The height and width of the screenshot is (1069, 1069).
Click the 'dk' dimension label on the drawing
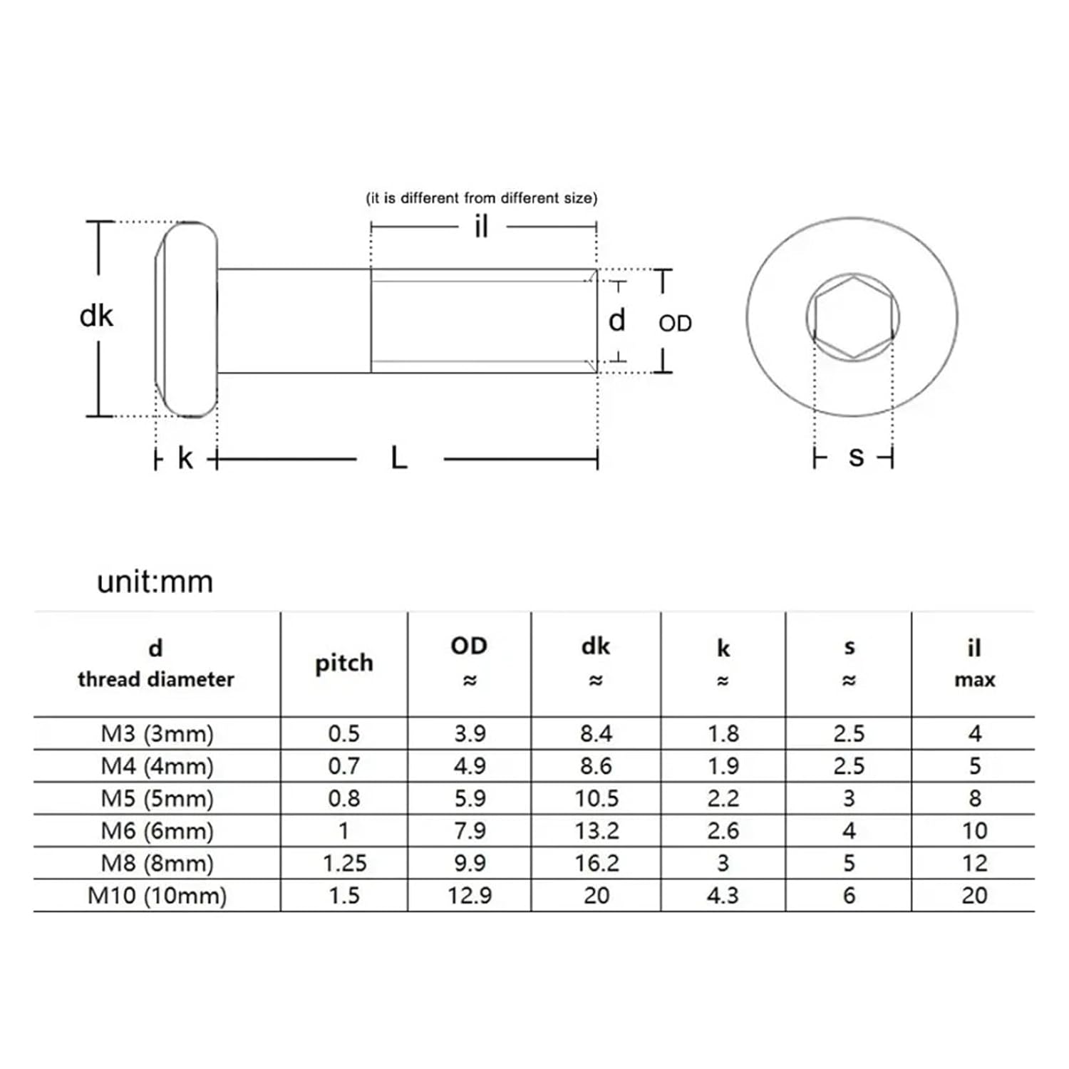click(x=96, y=316)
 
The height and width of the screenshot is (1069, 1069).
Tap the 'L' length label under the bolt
click(x=399, y=458)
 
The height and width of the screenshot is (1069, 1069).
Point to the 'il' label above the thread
click(x=482, y=227)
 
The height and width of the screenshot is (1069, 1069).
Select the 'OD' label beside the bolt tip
click(x=674, y=324)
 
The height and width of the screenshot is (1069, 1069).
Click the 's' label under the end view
click(x=856, y=456)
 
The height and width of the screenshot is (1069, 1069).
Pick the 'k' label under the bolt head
click(x=185, y=458)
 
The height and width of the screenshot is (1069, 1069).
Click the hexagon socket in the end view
click(x=853, y=316)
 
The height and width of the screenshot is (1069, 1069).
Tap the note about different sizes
click(x=482, y=198)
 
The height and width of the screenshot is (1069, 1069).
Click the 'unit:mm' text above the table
click(x=155, y=582)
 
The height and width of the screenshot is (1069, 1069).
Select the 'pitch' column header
click(x=344, y=663)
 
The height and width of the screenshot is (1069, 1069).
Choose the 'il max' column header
click(x=974, y=663)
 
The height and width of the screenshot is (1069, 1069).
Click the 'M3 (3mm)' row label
click(x=157, y=733)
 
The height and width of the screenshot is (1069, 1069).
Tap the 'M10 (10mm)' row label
click(x=157, y=895)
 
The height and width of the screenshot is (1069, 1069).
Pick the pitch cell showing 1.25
click(x=344, y=863)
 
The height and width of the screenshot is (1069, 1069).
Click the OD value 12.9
click(x=470, y=895)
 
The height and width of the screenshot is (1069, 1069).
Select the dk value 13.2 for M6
click(x=597, y=830)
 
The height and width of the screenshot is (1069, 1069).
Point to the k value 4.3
click(x=723, y=895)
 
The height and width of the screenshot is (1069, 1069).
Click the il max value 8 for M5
click(x=974, y=798)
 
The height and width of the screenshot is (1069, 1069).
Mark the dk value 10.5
click(x=597, y=798)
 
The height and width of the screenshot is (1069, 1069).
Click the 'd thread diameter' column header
click(x=156, y=663)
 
